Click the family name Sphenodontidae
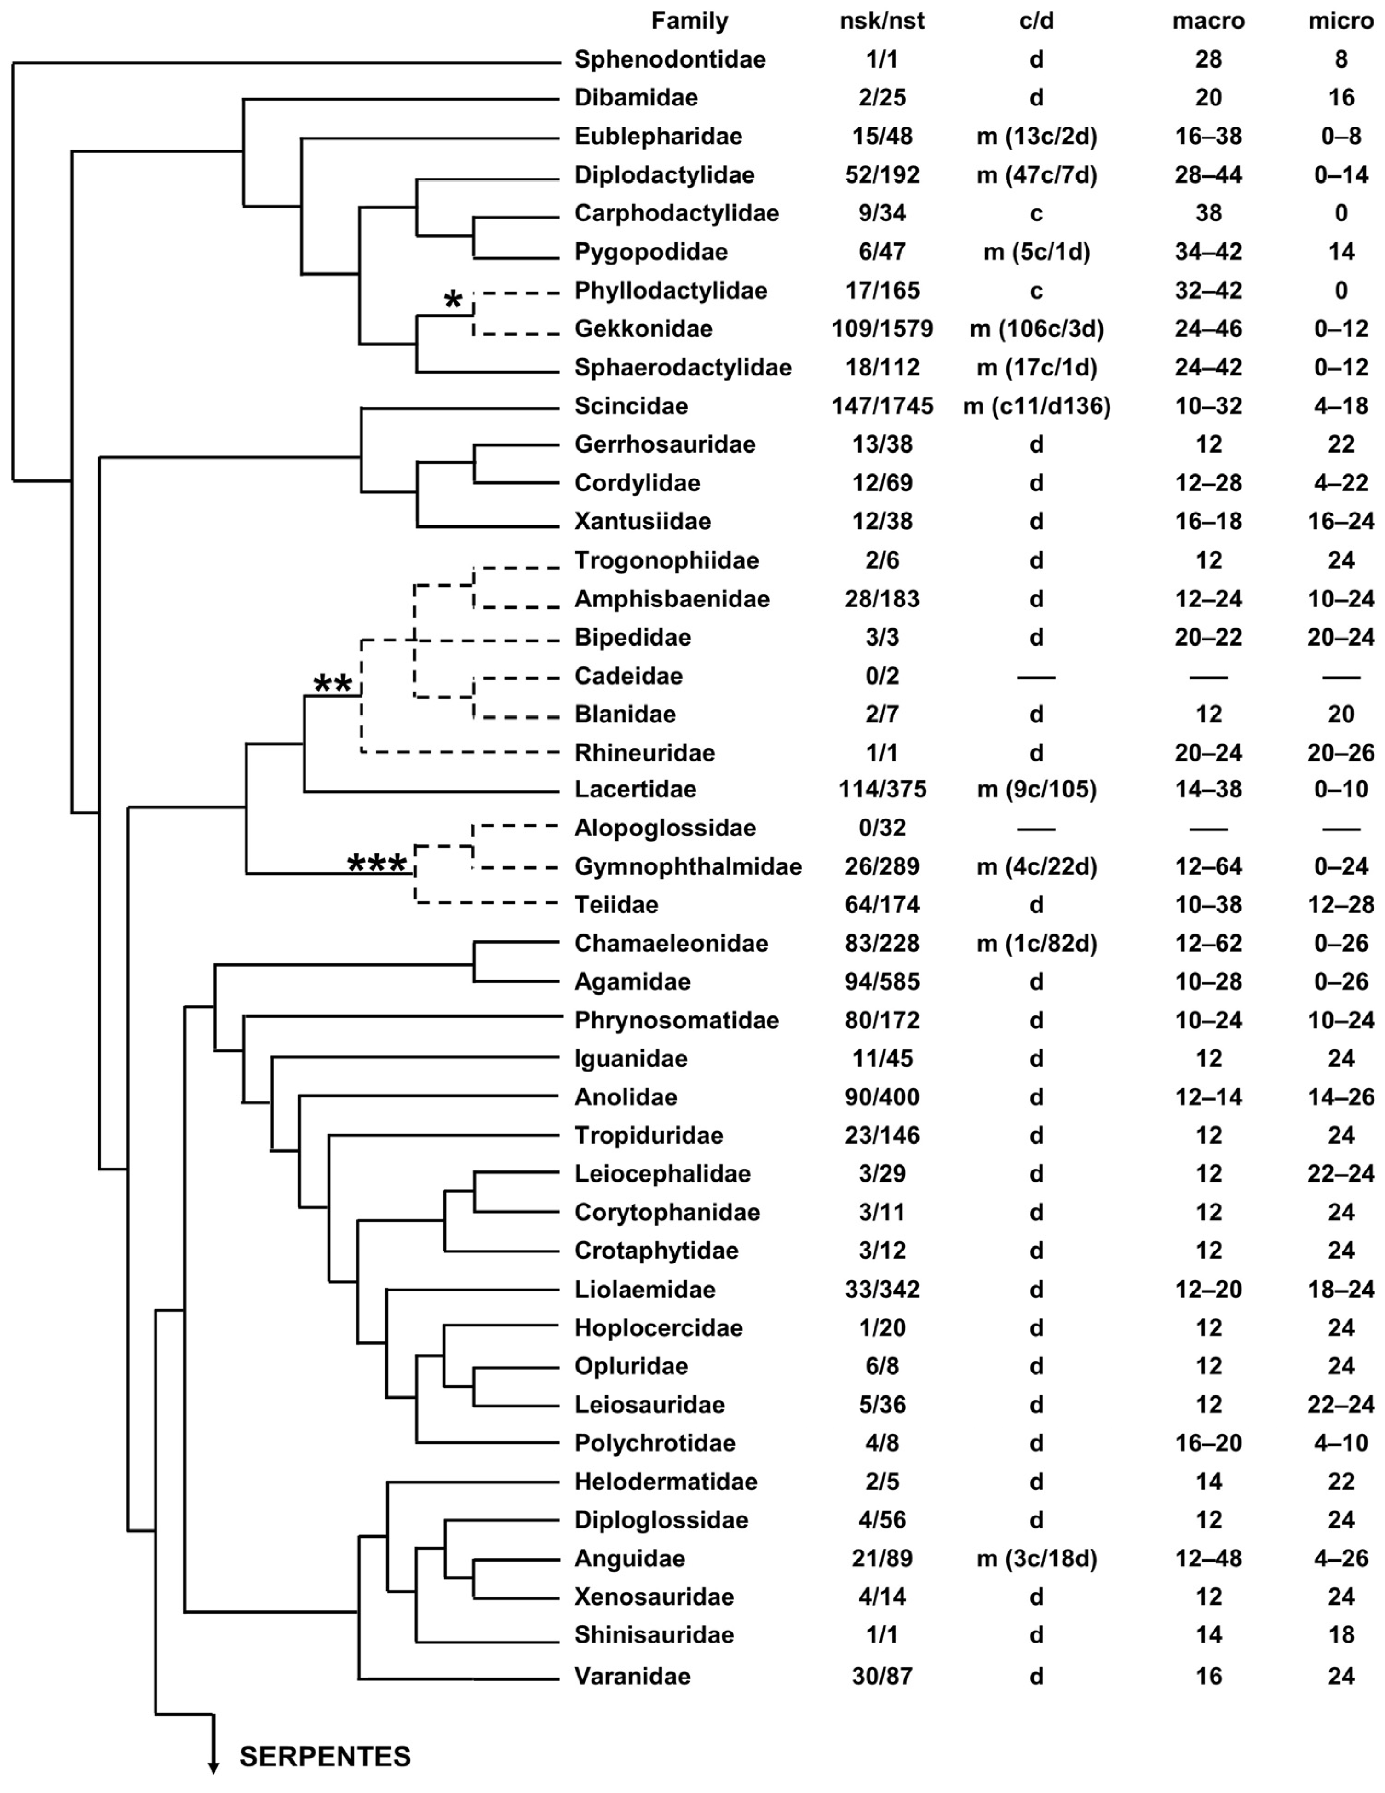670,59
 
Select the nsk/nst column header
882,21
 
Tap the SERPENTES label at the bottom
325,1756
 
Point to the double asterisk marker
333,683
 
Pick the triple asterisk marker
377,864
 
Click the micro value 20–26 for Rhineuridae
1341,753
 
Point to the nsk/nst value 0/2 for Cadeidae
882,676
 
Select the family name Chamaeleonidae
671,943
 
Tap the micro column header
1341,21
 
